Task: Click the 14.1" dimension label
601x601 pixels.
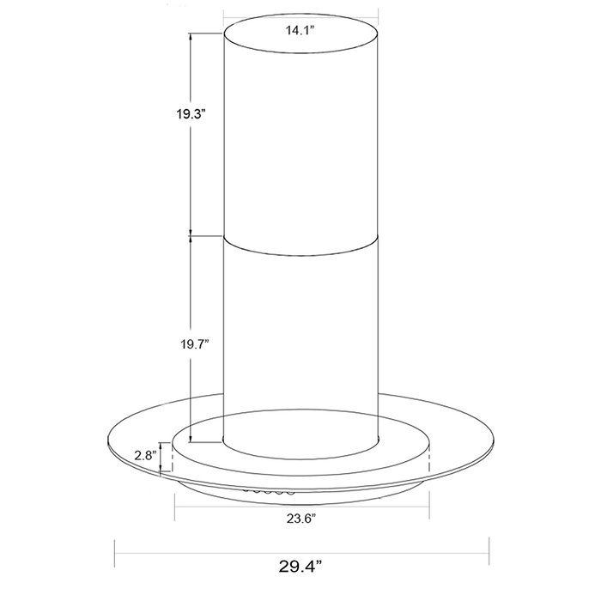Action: tap(300, 30)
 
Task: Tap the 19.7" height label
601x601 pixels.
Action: tap(195, 344)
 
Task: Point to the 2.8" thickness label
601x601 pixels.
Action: tap(146, 456)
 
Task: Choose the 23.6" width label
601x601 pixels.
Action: tap(301, 519)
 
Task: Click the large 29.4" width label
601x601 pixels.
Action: tap(300, 566)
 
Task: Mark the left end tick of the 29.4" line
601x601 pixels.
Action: tap(115, 554)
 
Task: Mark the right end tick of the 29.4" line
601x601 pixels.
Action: tap(489, 551)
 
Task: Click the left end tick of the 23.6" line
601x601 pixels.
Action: tap(175, 507)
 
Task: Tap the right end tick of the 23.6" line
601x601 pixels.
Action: tap(429, 506)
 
